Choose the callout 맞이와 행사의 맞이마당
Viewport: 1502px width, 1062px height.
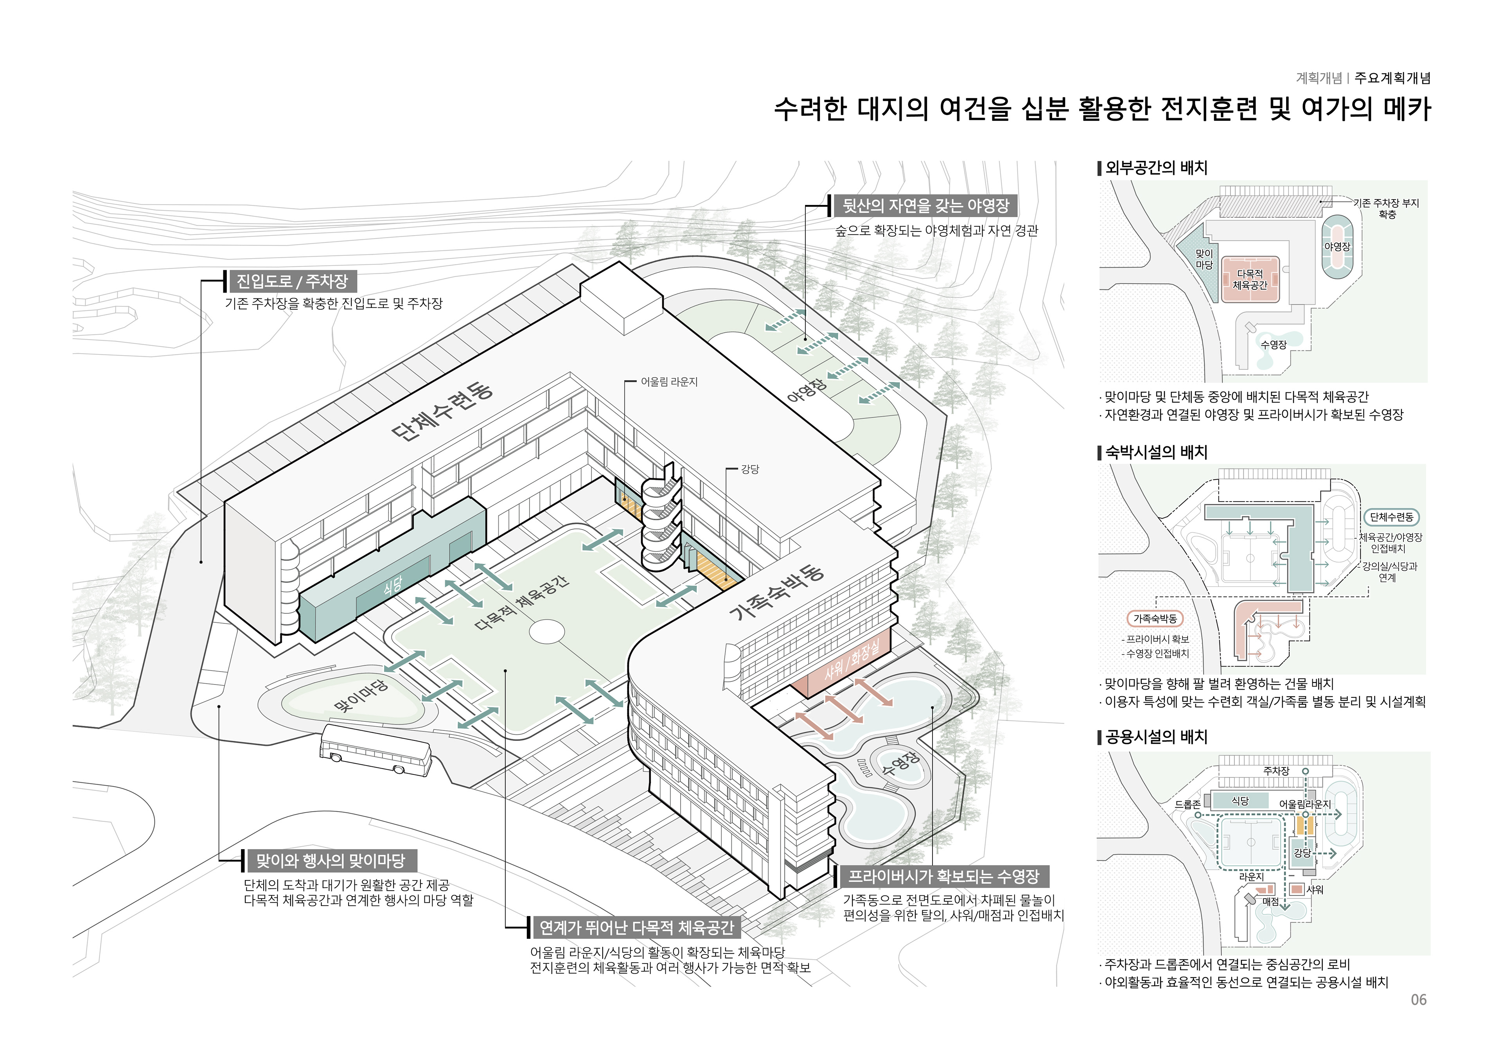coord(331,861)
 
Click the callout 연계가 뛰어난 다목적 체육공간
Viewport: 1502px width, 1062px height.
coord(636,927)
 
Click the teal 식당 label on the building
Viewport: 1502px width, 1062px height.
coord(392,586)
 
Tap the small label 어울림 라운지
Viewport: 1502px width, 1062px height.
coord(668,381)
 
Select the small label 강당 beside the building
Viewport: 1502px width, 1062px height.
coord(750,469)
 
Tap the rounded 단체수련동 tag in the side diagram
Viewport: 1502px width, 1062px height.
coord(1391,517)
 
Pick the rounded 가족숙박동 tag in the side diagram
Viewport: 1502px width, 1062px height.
coord(1155,618)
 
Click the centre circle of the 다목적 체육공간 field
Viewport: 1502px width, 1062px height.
coord(546,632)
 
